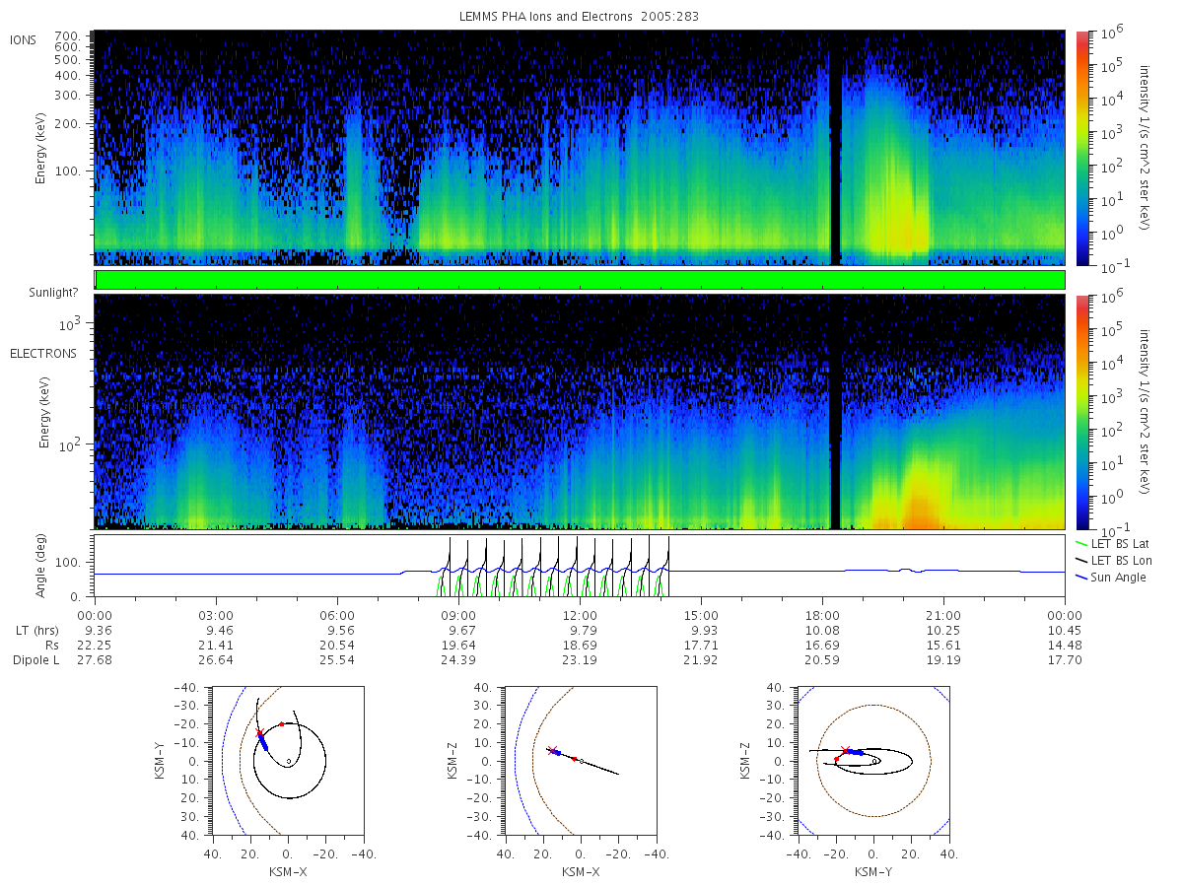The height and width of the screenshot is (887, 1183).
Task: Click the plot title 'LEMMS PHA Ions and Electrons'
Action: (x=545, y=17)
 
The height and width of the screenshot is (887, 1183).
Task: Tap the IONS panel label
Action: (x=24, y=40)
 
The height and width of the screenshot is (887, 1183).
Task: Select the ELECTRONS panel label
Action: (x=43, y=353)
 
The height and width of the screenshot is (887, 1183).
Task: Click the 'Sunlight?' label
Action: (x=53, y=293)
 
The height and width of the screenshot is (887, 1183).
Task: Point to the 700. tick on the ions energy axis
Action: (x=67, y=36)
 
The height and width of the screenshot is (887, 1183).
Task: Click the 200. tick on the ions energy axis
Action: (x=67, y=124)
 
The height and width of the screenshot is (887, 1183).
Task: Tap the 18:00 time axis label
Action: (x=822, y=616)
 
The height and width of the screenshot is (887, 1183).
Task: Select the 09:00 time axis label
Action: (x=458, y=616)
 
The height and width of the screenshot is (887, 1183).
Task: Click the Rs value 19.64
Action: (x=458, y=646)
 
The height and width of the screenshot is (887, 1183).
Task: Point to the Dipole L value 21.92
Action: (x=701, y=659)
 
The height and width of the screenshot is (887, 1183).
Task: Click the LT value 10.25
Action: (x=943, y=631)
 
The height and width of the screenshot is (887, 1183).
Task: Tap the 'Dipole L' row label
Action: (x=36, y=659)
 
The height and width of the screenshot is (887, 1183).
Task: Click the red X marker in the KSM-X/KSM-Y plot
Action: (x=259, y=732)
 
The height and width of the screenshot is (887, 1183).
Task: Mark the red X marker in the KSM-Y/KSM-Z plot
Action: (x=846, y=750)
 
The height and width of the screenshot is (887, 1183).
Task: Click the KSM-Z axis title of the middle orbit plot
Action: (x=452, y=761)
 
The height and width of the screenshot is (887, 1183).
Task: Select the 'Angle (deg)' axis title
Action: (x=40, y=566)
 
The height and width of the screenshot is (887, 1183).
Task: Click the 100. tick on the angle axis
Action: (x=67, y=563)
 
